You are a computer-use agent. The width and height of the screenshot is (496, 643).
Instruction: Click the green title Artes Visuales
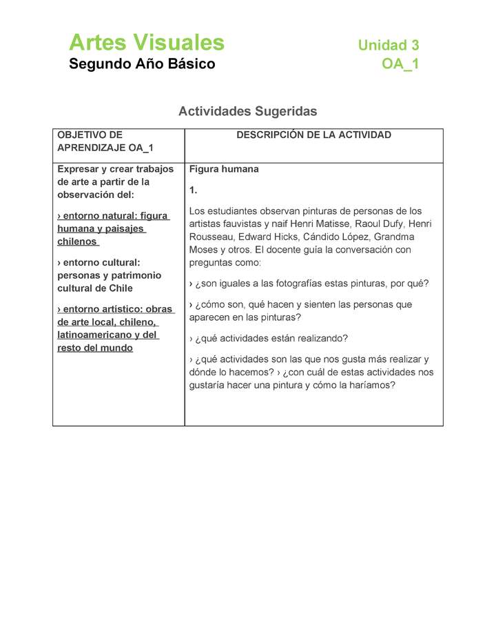[x=147, y=43]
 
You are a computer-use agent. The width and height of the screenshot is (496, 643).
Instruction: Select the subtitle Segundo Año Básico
[x=142, y=64]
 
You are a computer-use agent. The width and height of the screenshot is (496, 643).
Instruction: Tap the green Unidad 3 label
[x=388, y=46]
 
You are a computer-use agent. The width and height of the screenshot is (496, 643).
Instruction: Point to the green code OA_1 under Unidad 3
[x=400, y=64]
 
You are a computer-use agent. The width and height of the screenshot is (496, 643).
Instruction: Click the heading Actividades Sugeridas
[x=247, y=111]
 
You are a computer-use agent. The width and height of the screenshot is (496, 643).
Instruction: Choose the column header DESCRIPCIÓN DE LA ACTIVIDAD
[x=313, y=135]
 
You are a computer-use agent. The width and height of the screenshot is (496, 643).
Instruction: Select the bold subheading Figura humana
[x=224, y=169]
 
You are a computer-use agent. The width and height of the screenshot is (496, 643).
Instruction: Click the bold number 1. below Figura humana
[x=194, y=190]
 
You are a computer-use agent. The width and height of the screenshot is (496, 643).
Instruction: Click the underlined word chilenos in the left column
[x=77, y=242]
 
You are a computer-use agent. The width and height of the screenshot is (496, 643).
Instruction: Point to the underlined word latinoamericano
[x=94, y=335]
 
